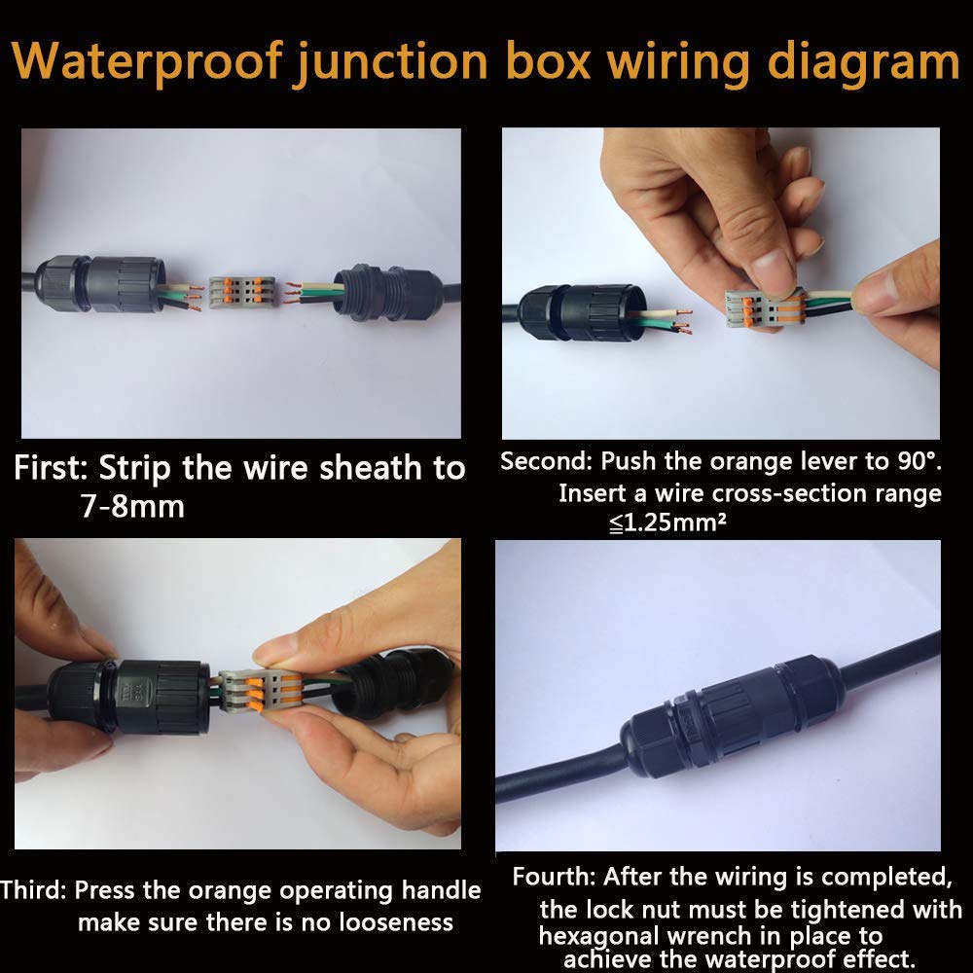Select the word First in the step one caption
53,468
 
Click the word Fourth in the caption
554,877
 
